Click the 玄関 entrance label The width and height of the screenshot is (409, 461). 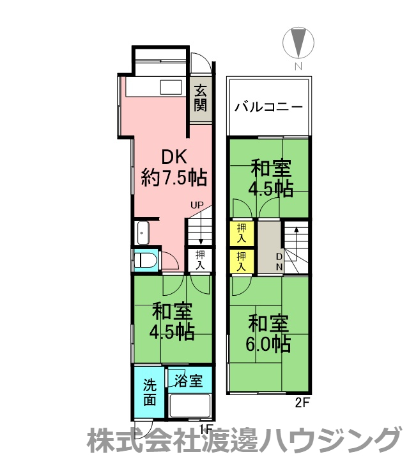click(x=201, y=98)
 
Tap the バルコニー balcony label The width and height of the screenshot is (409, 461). click(x=268, y=107)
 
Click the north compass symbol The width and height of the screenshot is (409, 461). click(x=298, y=43)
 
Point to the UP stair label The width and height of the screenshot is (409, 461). click(x=197, y=206)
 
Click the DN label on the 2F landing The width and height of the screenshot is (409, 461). click(x=279, y=263)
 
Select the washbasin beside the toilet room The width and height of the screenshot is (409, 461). click(x=143, y=232)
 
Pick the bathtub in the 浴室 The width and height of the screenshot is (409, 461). click(x=190, y=406)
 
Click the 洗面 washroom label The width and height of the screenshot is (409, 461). click(x=150, y=392)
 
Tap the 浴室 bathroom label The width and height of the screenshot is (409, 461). click(x=189, y=381)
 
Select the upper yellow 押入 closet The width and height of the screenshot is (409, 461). click(x=241, y=233)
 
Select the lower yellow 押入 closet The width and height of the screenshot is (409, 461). click(x=241, y=261)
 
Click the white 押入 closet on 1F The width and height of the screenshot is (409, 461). click(x=200, y=260)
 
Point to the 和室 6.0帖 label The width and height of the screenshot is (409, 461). click(x=268, y=334)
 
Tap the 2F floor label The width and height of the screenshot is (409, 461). click(x=302, y=403)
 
